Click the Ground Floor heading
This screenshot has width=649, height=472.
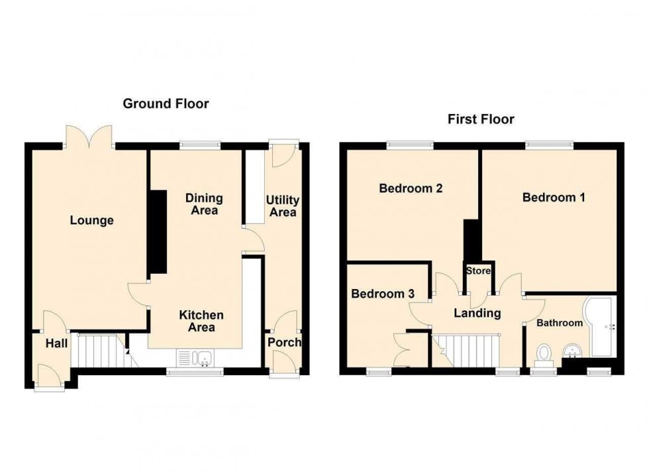166,103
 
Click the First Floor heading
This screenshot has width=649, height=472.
481,119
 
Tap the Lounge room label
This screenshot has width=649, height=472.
92,221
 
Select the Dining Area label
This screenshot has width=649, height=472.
204,204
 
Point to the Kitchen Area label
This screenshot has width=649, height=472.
201,321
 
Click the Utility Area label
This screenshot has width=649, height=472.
282,206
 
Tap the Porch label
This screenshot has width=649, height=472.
284,343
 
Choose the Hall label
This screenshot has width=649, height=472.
56,343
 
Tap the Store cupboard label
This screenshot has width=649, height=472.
478,270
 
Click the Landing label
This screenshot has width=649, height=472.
476,314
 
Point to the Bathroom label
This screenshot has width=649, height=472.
559,323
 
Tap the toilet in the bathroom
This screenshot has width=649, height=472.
546,353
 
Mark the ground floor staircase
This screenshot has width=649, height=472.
99,350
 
